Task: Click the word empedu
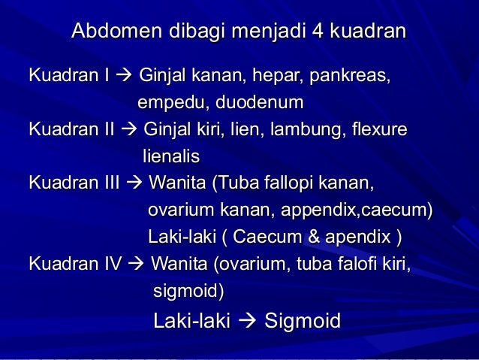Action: point(164,101)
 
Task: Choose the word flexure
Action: point(378,130)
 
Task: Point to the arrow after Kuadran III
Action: point(134,183)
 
